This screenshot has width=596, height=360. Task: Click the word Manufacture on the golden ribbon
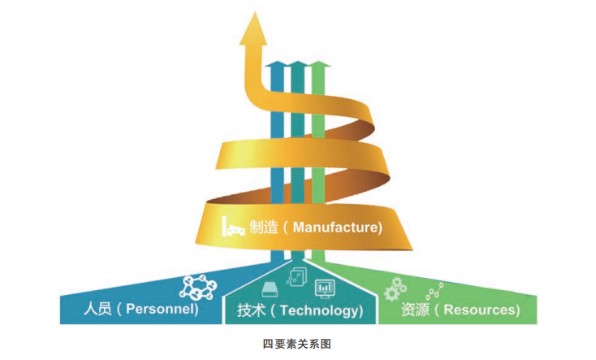(337, 228)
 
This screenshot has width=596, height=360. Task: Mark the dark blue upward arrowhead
(278, 64)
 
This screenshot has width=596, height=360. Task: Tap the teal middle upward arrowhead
(299, 64)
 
